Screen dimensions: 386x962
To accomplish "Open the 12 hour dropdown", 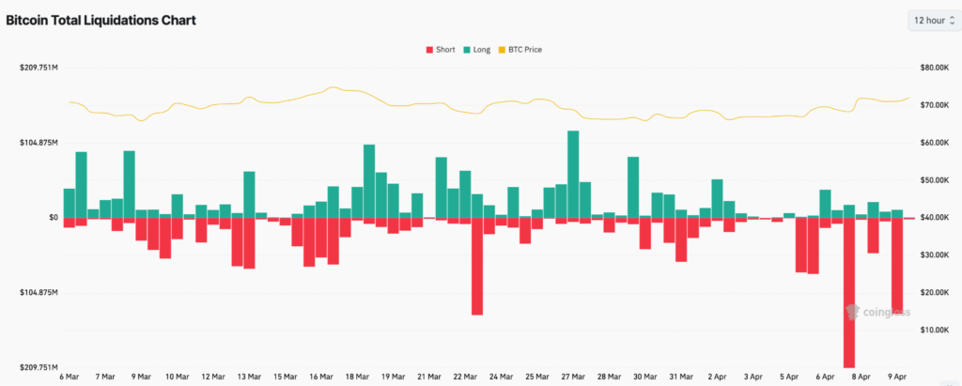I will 932,20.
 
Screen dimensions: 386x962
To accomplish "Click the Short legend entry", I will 441,49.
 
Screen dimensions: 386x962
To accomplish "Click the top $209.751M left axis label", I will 39,68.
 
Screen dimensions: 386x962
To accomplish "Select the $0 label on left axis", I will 54,218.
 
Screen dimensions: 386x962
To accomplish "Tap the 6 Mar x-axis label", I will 70,376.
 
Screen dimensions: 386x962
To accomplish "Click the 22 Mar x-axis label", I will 464,376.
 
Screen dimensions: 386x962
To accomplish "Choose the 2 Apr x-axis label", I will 717,376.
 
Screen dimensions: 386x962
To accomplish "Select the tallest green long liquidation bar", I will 573,174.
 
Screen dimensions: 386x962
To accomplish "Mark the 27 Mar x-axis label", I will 573,376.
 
